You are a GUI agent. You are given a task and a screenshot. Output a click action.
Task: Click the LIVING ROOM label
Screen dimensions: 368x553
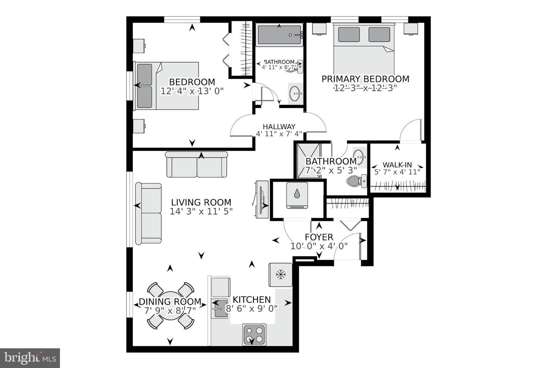coord(201,202)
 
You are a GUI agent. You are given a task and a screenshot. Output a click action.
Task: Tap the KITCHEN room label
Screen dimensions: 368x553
coord(252,299)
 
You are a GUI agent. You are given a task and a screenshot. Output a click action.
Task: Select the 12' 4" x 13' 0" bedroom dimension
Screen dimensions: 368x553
coord(192,91)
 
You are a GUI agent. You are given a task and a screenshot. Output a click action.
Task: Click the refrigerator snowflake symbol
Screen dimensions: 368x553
coord(281,274)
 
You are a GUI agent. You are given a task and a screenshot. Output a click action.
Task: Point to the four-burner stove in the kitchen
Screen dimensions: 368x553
coord(254,335)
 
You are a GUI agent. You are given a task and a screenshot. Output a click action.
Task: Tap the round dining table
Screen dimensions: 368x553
coord(170,306)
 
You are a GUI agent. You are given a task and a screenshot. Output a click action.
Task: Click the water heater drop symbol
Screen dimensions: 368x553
coord(297,195)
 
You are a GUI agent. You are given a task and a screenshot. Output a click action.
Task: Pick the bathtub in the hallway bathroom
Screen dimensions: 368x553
coord(279,35)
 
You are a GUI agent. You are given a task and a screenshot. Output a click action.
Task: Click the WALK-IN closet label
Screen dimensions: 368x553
coord(397,165)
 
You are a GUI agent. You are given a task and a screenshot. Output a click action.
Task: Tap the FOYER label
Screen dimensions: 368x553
coord(319,237)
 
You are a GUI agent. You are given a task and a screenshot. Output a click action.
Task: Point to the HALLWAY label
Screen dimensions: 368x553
coord(279,127)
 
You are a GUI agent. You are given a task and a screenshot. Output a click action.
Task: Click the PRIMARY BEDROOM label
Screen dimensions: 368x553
coord(365,79)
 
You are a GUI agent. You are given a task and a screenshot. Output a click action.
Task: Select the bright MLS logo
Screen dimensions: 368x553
coord(30,358)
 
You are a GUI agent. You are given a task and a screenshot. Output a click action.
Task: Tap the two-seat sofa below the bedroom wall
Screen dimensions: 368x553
coord(197,165)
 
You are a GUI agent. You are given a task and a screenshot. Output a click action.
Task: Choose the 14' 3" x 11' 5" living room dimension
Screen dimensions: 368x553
coord(201,211)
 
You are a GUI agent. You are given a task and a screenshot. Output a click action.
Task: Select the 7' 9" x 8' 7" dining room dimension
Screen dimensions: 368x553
coord(170,310)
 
